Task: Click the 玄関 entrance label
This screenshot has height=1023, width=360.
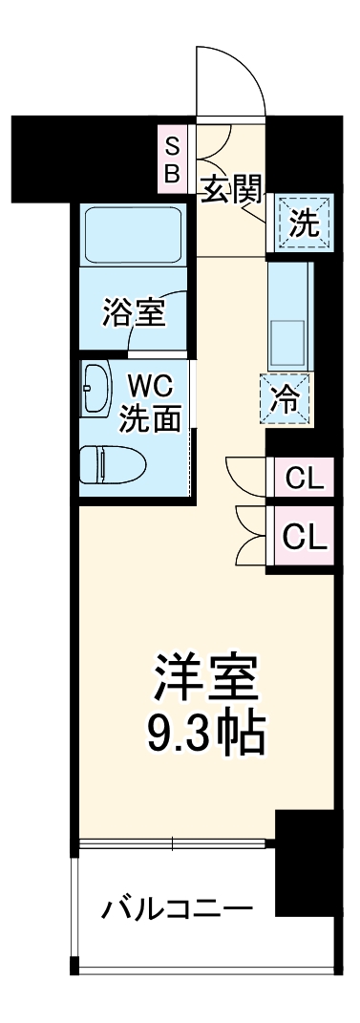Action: coord(231,190)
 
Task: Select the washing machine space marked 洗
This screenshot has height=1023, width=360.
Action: coord(304,224)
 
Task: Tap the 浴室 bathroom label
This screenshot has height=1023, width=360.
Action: coord(133,310)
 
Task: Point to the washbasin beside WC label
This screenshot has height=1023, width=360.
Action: coord(96,387)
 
